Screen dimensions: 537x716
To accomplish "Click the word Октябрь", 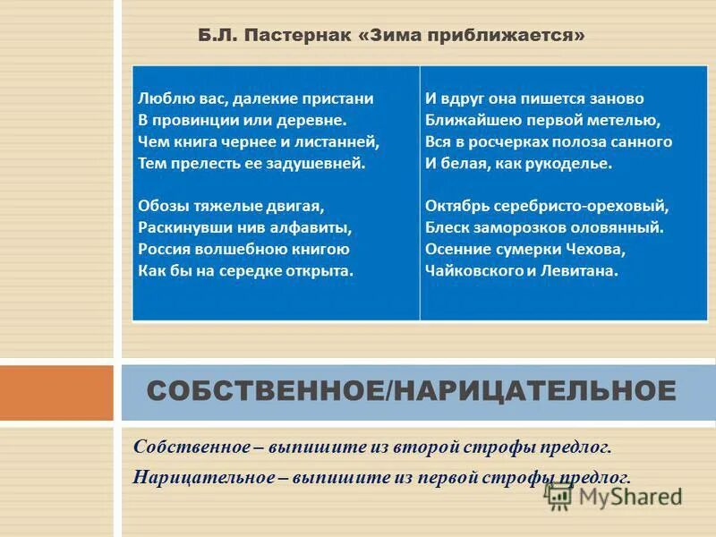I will point(456,205).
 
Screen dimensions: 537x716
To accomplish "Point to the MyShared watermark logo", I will point(618,497).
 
